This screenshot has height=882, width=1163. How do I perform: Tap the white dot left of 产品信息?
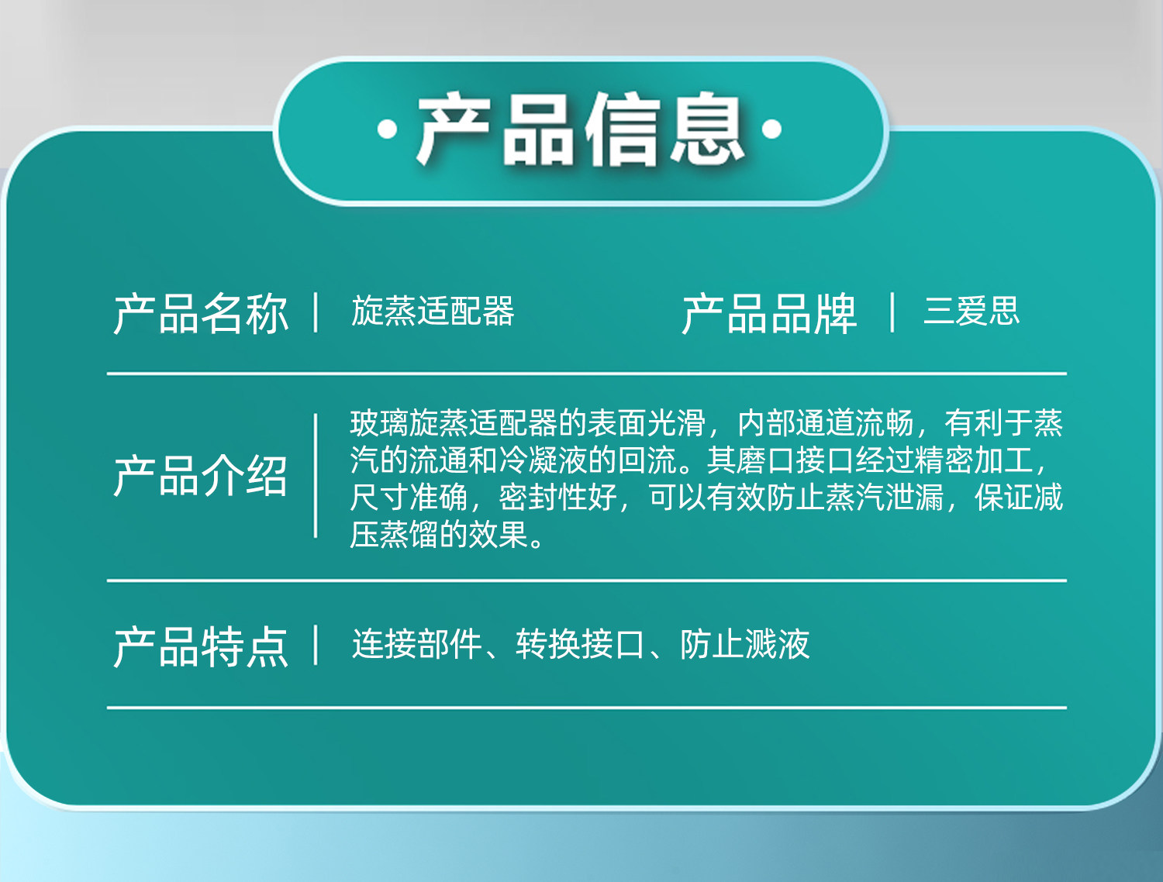[388, 129]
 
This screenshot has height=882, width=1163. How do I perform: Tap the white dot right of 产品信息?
[771, 129]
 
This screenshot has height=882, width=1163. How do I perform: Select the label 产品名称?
[201, 313]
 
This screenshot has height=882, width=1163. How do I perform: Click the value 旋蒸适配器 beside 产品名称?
[433, 311]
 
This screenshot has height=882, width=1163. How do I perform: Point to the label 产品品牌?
[769, 313]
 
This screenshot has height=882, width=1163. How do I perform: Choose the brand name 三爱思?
[971, 311]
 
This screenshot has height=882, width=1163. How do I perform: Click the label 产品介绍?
[201, 476]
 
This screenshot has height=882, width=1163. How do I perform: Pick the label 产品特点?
[201, 646]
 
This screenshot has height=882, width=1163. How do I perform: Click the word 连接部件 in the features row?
[416, 644]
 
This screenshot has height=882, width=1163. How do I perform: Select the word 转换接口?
[580, 644]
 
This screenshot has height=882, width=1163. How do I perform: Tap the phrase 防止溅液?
[745, 644]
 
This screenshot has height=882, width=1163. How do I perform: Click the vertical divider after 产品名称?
[316, 312]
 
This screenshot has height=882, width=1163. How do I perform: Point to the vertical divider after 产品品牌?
[892, 312]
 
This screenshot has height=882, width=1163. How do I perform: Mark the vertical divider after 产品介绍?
[316, 476]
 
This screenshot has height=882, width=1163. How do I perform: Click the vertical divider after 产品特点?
[316, 645]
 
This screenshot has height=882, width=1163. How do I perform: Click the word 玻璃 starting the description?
[379, 423]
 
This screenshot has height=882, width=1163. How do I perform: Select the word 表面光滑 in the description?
[647, 423]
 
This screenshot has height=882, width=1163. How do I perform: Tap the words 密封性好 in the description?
[558, 497]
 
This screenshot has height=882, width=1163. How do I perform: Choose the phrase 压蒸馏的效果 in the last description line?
[440, 534]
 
